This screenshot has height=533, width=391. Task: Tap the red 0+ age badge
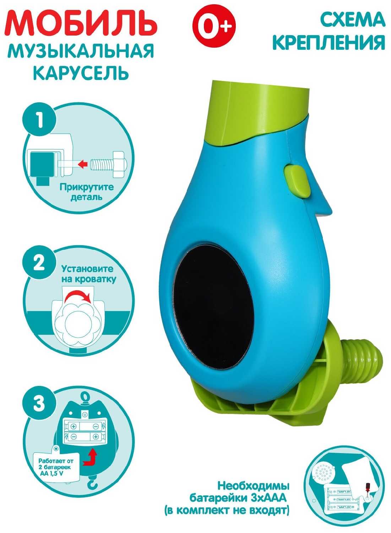point(214,23)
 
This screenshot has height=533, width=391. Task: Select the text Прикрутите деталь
point(86,192)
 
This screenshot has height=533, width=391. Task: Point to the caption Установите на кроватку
point(88,274)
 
